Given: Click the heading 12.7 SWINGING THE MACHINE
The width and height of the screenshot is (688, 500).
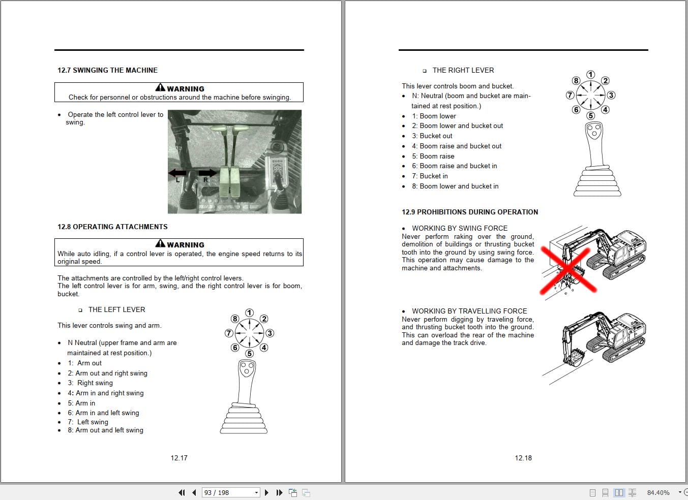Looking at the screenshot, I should [x=107, y=70].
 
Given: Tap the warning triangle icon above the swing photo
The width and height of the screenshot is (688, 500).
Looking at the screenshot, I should [x=160, y=88].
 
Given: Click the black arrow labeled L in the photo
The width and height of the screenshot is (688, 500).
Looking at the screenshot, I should [x=177, y=173].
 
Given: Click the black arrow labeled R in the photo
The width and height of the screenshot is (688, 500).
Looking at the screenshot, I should [x=208, y=173].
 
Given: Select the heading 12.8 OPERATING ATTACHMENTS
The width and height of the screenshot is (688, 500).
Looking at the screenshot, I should [x=112, y=227].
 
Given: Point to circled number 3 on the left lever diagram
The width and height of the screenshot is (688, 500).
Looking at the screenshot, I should [x=270, y=333].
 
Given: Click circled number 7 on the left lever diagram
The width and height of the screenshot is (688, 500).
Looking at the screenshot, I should [x=229, y=333].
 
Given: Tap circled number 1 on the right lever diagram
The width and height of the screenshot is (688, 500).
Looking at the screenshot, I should [x=590, y=75].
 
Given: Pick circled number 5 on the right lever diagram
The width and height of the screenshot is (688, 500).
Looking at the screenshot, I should [x=590, y=115].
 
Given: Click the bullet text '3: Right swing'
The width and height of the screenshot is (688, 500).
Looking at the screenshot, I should [x=90, y=383].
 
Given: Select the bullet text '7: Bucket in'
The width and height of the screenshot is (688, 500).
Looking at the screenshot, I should [x=430, y=176].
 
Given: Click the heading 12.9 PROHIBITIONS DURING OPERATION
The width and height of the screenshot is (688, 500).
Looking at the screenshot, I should [x=470, y=212].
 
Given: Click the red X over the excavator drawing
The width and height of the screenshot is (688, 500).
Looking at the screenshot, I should [x=568, y=270].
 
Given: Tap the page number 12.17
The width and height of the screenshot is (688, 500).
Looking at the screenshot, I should [x=179, y=458].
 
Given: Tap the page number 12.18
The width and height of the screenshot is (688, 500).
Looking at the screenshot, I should [x=523, y=458].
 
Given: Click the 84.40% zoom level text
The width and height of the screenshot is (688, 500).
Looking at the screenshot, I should [x=658, y=492].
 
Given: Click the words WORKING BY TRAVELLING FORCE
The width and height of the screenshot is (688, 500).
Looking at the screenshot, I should [x=469, y=311].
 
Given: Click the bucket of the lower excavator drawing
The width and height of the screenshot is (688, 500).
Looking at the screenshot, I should [x=575, y=358].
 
